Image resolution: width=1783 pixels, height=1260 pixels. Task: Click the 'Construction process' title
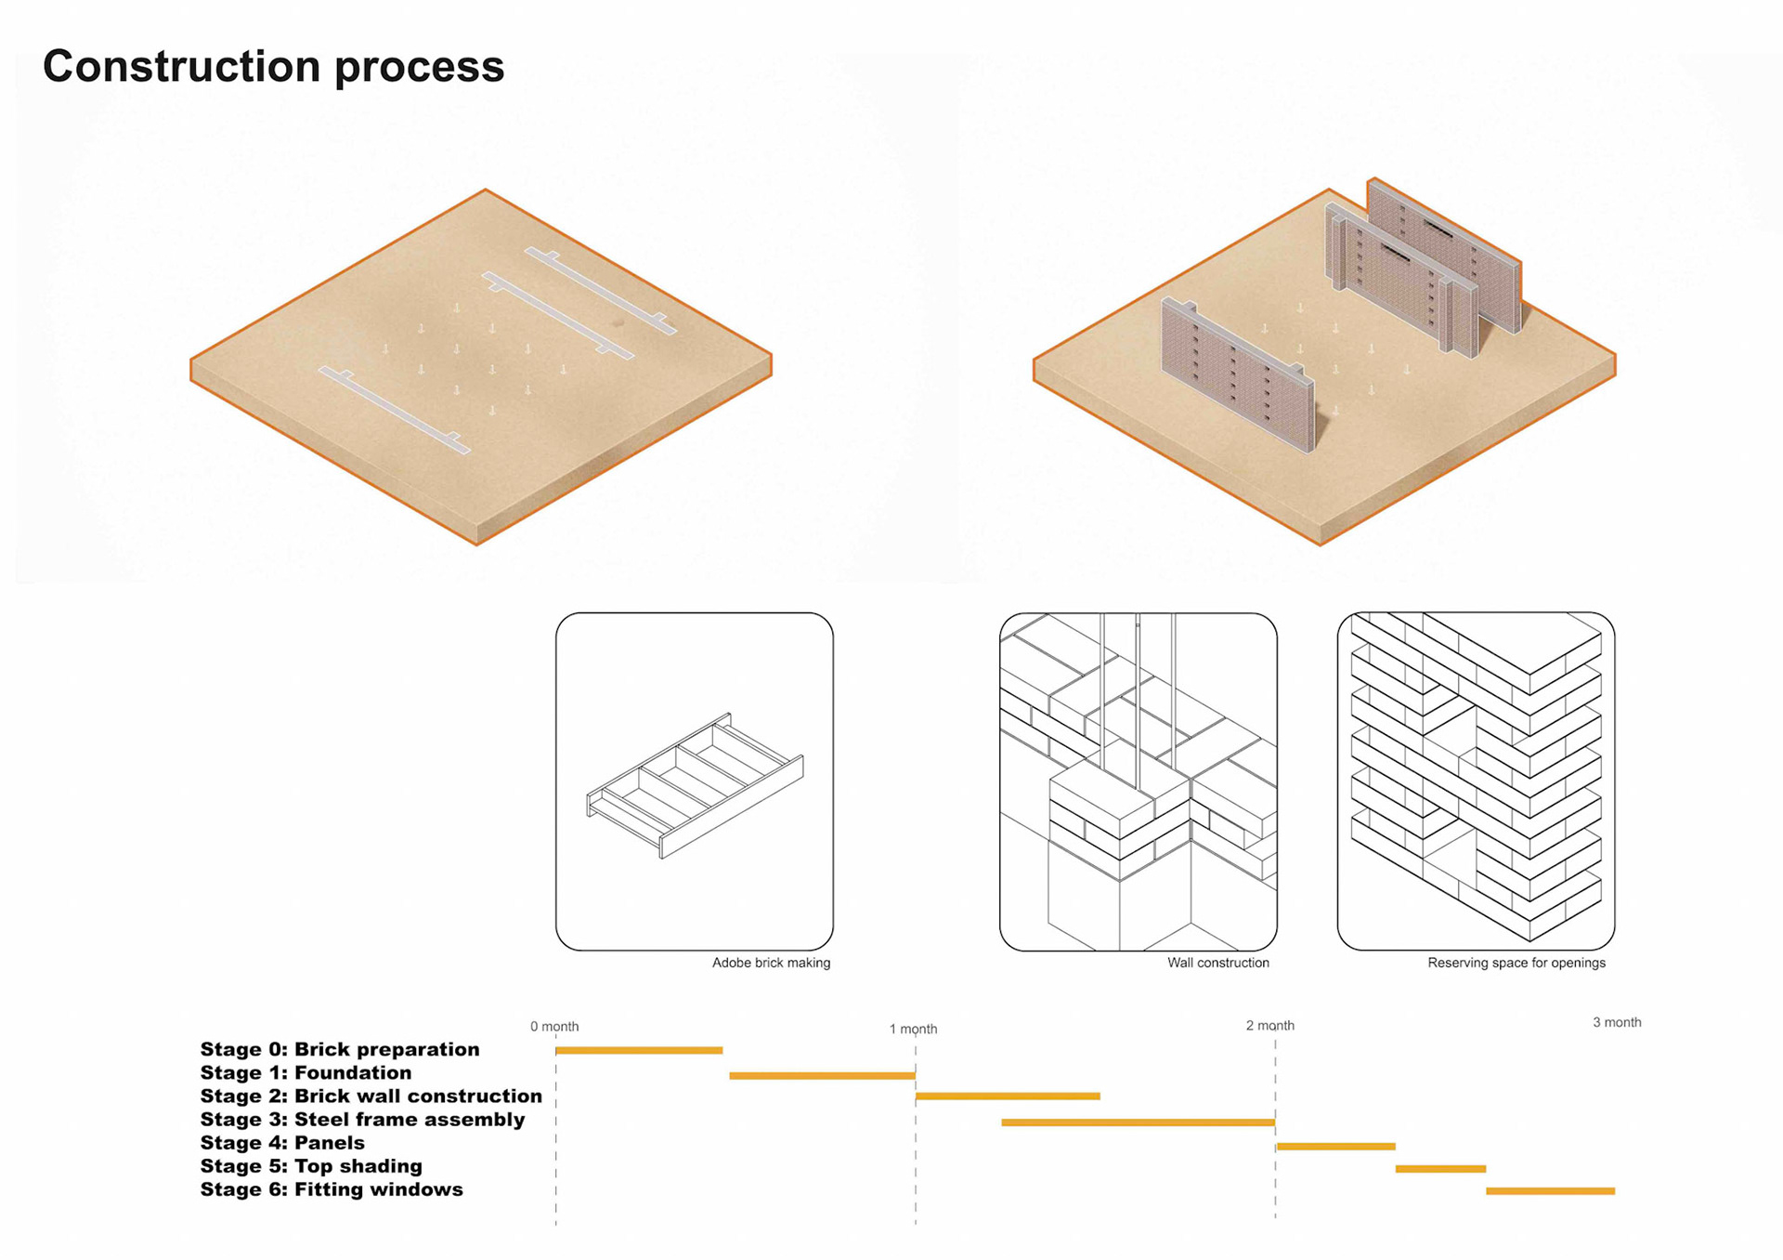pos(273,67)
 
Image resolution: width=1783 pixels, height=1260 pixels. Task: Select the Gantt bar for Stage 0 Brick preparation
pos(639,1050)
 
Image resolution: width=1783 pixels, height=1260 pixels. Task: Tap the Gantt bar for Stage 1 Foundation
pos(822,1075)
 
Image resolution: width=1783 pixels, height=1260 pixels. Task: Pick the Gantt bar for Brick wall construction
pos(1008,1096)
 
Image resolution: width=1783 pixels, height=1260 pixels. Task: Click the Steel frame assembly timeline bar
pos(1138,1122)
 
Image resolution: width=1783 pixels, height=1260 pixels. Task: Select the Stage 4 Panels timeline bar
pos(1335,1147)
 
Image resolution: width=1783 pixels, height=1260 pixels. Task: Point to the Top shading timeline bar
pos(1440,1169)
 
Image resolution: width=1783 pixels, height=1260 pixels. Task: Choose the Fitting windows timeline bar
pos(1550,1191)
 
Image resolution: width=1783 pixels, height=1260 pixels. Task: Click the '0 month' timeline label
pos(554,1027)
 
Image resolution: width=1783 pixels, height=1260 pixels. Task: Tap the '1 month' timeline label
pos(913,1029)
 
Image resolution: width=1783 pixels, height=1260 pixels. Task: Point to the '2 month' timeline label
pos(1269,1026)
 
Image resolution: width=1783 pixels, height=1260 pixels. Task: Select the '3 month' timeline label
pos(1617,1022)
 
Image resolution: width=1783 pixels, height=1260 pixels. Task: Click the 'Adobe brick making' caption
pos(771,963)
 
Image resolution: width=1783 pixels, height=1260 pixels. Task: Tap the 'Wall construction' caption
pos(1217,963)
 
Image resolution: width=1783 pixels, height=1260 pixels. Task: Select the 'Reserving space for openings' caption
pos(1516,963)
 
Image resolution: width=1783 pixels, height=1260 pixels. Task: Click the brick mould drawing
pos(695,785)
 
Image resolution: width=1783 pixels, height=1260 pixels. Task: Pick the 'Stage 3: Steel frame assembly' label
pos(362,1120)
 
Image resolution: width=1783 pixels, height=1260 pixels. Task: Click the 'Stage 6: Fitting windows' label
pos(332,1189)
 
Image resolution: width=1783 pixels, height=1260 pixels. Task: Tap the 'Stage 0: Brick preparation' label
pos(340,1049)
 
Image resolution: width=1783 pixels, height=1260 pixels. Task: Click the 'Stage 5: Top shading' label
pos(311,1166)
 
